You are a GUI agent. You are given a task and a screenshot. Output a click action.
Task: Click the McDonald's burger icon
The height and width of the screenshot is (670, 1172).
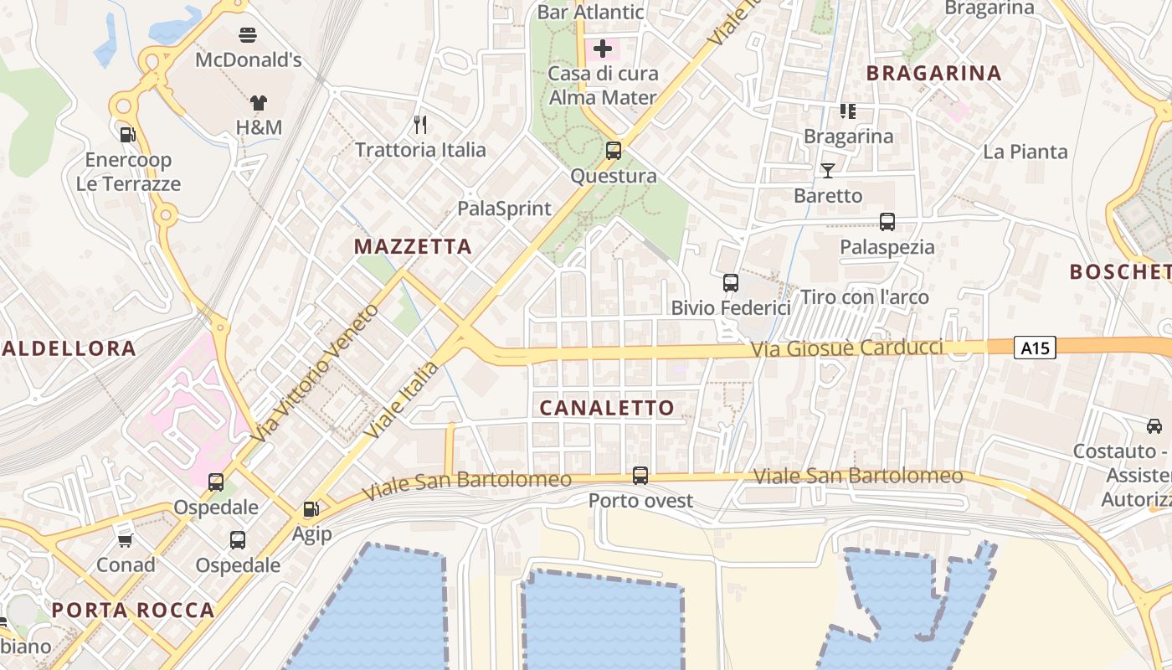tap(248, 35)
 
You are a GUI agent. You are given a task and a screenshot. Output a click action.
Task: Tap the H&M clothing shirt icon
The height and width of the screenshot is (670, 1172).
tap(259, 103)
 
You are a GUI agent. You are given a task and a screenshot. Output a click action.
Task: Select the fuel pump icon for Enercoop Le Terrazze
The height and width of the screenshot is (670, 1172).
tap(128, 134)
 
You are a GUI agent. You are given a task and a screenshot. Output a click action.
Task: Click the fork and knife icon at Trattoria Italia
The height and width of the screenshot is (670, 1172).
tap(420, 125)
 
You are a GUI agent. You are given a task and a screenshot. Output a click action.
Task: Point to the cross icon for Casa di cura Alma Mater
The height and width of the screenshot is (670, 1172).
tap(602, 49)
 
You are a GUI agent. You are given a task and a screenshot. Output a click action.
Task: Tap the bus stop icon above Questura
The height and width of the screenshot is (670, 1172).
tap(614, 151)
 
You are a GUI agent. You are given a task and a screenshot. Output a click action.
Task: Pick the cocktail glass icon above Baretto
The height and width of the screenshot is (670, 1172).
tap(828, 171)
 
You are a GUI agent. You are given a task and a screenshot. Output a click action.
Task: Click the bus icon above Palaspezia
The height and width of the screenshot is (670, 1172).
tap(887, 222)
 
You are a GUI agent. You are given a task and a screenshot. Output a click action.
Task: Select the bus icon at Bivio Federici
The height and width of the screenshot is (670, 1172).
tap(731, 283)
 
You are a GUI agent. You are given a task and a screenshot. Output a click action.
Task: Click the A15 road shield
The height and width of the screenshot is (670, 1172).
tap(1035, 348)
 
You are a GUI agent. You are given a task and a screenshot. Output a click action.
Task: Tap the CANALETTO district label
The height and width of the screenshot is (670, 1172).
tap(607, 408)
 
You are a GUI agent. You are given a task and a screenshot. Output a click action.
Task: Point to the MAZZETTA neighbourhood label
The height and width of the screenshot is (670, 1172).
tap(413, 246)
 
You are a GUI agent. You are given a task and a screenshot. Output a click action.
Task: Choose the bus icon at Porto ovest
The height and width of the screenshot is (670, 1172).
tap(640, 476)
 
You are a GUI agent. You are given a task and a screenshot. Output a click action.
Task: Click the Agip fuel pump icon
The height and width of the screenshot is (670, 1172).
tap(311, 508)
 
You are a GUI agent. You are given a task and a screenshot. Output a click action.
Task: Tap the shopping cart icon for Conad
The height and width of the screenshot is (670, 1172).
tap(126, 540)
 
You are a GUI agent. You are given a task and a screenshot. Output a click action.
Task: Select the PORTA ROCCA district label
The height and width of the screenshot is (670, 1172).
tap(133, 610)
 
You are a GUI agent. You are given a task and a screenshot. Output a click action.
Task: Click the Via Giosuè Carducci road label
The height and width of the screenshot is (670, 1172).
tap(847, 348)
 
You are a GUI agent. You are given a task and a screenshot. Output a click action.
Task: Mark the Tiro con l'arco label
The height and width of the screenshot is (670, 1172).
tap(865, 297)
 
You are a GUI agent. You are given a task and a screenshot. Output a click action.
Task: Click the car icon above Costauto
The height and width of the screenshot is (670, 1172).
tap(1154, 426)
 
